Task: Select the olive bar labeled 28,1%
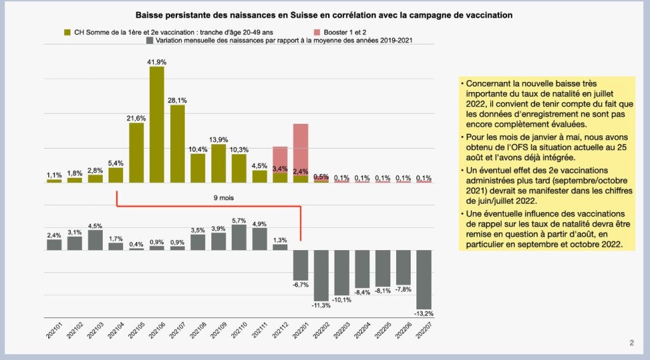[x=177, y=143]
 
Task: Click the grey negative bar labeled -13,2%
[x=425, y=279]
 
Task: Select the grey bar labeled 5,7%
[x=239, y=237]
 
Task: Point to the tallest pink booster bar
[x=301, y=149]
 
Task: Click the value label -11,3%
[x=322, y=306]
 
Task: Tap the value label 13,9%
[x=218, y=139]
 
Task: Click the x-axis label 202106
[x=157, y=333]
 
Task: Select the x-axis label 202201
[x=301, y=333]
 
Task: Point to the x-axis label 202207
[x=425, y=333]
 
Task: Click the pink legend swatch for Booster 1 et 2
[x=317, y=31]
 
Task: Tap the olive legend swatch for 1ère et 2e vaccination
[x=67, y=31]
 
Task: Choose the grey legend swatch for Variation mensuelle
[x=149, y=39]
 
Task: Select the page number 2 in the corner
[x=632, y=343]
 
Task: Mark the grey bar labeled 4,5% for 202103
[x=95, y=240]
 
